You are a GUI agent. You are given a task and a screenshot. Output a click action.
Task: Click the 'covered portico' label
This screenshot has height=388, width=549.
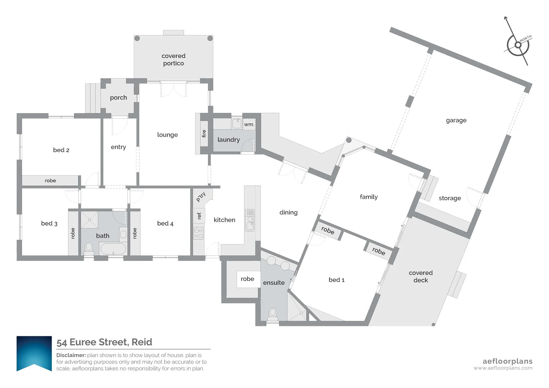click(173, 60)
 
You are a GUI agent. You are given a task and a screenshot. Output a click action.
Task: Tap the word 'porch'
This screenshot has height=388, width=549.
click(118, 98)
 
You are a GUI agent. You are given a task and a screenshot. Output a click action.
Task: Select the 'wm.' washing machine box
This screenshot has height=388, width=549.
click(249, 124)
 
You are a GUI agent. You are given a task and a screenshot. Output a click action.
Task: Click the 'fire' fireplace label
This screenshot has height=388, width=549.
click(204, 134)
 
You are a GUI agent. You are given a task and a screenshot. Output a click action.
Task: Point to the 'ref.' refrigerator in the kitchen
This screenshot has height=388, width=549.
click(199, 216)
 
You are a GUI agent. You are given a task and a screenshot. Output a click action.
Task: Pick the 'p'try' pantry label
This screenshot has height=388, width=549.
click(201, 197)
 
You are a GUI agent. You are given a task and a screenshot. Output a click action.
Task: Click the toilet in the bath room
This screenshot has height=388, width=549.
click(89, 248)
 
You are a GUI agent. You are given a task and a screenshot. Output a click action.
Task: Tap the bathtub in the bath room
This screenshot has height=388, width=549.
click(113, 249)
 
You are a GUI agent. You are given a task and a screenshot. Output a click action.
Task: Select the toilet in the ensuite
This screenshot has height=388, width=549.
click(273, 314)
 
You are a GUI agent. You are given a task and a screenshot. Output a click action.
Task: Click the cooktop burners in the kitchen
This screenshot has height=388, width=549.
click(198, 233)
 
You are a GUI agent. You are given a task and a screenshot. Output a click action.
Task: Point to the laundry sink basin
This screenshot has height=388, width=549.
click(237, 124)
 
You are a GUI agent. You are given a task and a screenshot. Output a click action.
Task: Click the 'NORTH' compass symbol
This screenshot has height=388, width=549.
click(518, 45)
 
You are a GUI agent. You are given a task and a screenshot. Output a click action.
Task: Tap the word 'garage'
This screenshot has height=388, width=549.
click(456, 120)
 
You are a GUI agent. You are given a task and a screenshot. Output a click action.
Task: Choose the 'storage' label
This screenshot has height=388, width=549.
click(450, 198)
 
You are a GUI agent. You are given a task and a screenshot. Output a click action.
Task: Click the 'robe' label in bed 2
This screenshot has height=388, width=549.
click(50, 180)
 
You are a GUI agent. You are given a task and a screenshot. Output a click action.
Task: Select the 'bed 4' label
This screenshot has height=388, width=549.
click(165, 223)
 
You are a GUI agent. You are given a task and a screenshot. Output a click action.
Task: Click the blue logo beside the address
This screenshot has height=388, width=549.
click(34, 354)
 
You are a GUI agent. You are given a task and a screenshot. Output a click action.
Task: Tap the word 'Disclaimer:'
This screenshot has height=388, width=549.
click(71, 355)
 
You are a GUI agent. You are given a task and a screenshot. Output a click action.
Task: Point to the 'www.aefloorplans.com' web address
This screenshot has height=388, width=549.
click(503, 368)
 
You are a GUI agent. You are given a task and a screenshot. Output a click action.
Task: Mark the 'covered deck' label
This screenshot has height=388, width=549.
click(421, 276)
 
